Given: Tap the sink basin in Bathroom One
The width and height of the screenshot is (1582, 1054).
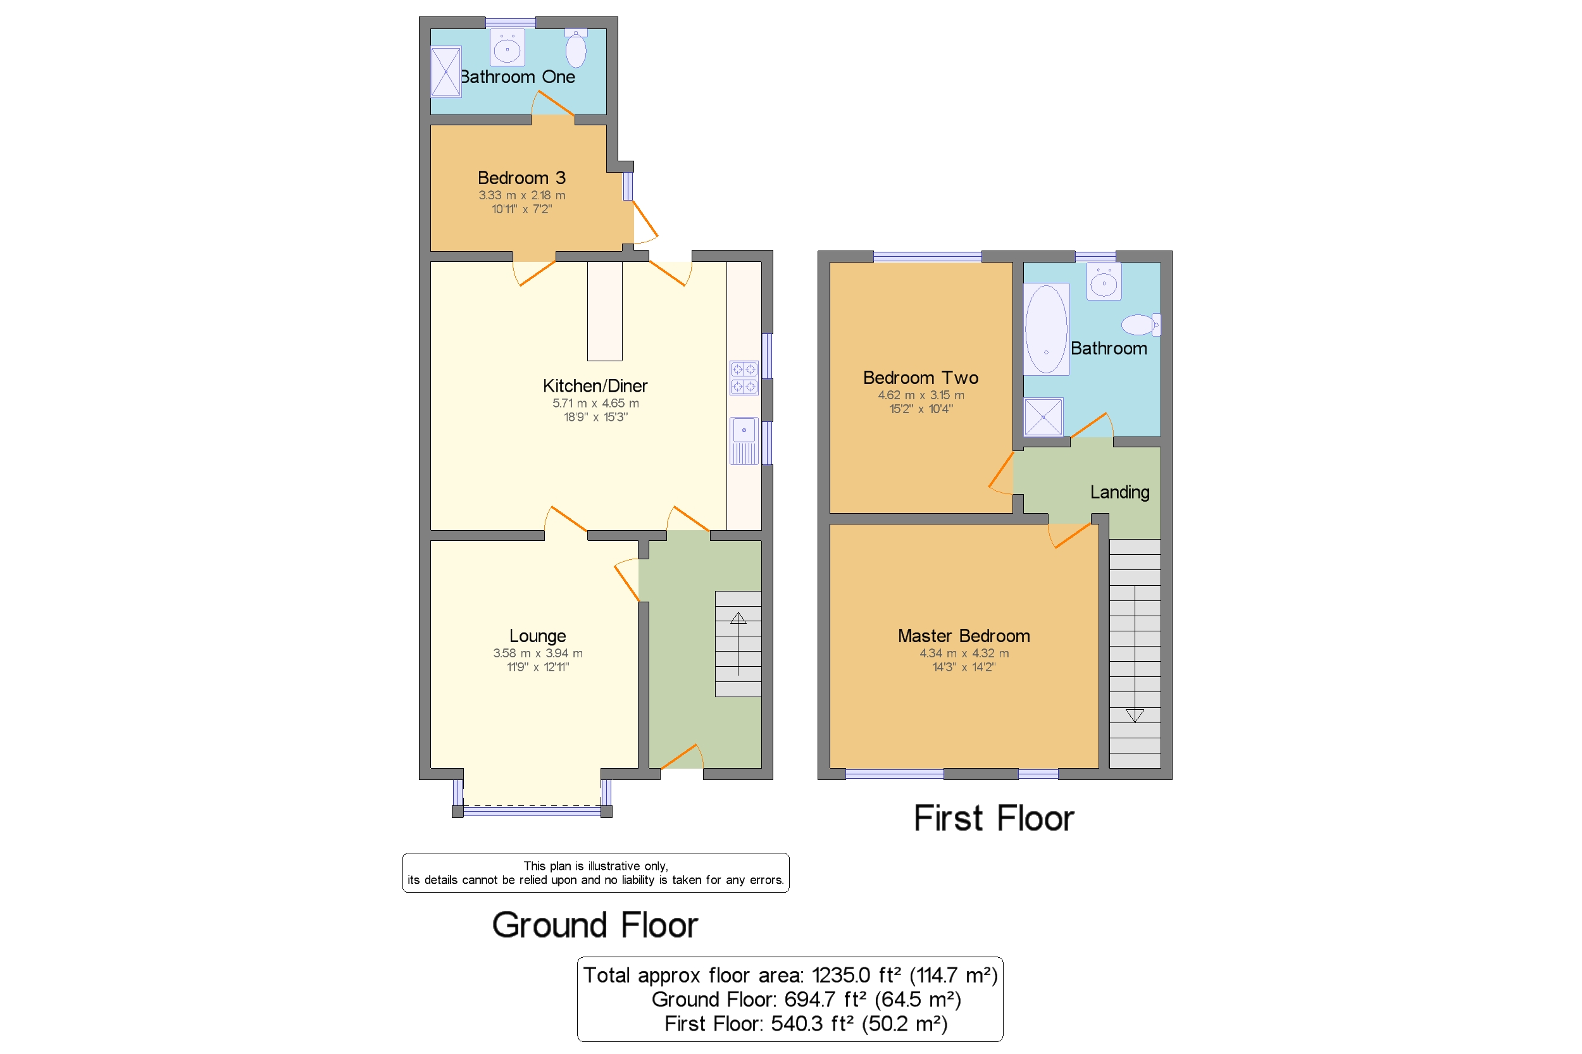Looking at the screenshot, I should (x=507, y=48).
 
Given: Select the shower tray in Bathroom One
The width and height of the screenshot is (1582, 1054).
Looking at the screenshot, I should (x=445, y=71).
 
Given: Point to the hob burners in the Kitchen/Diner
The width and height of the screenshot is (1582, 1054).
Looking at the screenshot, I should (x=744, y=378).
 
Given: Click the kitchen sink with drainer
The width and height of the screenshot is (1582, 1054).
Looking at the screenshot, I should (x=744, y=440).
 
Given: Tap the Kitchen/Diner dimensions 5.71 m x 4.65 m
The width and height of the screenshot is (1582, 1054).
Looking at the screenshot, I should (x=595, y=404).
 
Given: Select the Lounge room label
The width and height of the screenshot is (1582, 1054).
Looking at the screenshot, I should (x=537, y=635).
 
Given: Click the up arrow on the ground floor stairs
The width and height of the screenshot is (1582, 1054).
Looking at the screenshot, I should (x=738, y=619).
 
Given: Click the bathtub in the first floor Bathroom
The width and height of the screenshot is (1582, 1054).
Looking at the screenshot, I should (x=1045, y=329).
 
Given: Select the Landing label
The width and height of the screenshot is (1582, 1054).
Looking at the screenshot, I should (x=1119, y=492).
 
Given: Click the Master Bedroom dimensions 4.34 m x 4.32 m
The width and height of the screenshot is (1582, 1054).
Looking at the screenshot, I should (x=964, y=653).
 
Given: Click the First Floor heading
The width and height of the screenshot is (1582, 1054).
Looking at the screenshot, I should (x=993, y=818).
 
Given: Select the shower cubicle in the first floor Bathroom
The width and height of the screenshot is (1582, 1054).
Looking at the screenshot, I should (x=1043, y=417).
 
